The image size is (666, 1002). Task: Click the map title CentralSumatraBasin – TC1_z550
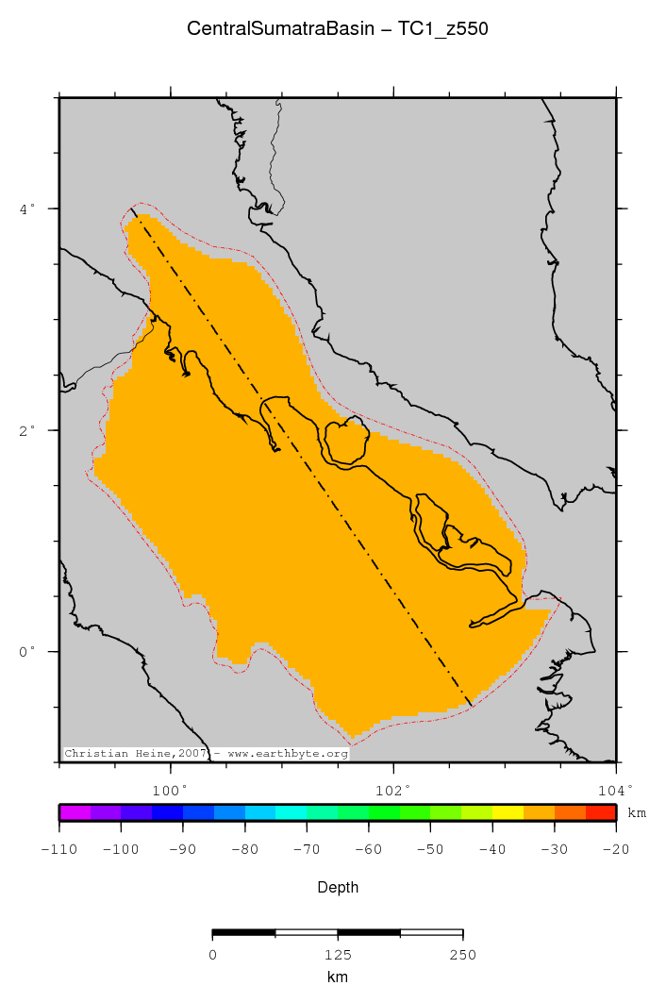click(x=337, y=29)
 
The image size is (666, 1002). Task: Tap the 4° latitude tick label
click(x=27, y=208)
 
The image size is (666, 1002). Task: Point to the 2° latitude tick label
click(x=27, y=429)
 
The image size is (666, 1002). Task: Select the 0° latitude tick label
click(x=27, y=651)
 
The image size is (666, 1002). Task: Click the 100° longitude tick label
click(x=171, y=790)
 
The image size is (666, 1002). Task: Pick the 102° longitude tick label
click(x=393, y=790)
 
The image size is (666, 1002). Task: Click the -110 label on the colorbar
click(x=58, y=850)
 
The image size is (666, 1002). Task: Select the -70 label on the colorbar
click(x=306, y=850)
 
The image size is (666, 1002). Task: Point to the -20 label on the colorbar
click(x=615, y=850)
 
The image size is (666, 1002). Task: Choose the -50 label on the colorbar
click(x=430, y=850)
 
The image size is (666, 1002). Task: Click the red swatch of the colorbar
click(x=601, y=812)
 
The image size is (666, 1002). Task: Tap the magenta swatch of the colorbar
click(x=75, y=812)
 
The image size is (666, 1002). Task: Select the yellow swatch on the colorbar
click(x=508, y=812)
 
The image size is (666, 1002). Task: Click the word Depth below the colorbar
click(x=337, y=887)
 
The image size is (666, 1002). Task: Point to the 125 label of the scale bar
click(x=338, y=956)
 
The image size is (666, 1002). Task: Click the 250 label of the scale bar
click(x=462, y=956)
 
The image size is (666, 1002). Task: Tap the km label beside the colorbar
click(x=637, y=813)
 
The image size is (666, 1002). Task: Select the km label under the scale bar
click(x=337, y=977)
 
